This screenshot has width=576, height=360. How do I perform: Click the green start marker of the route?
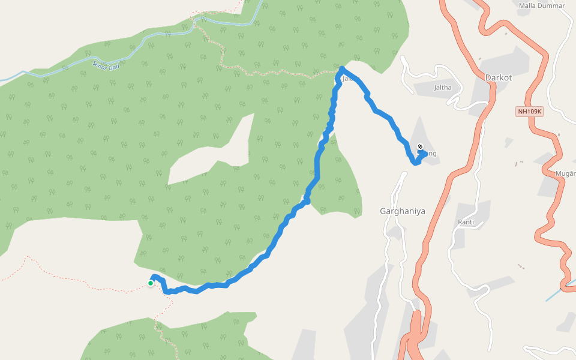click(x=150, y=283)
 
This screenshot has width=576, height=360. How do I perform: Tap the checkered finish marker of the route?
click(x=420, y=147)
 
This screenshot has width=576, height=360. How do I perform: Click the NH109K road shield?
click(x=529, y=112)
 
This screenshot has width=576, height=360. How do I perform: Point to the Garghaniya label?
click(x=403, y=211)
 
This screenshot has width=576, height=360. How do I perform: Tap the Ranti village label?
click(x=466, y=222)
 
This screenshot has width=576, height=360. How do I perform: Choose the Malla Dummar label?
click(x=542, y=5)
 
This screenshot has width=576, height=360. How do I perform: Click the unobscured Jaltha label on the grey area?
click(x=442, y=87)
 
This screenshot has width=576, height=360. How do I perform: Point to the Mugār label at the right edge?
click(x=566, y=173)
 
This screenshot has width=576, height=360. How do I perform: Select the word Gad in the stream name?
click(x=116, y=63)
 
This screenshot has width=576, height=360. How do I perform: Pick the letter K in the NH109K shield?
click(x=539, y=112)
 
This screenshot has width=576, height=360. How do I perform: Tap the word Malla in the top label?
click(x=527, y=5)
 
